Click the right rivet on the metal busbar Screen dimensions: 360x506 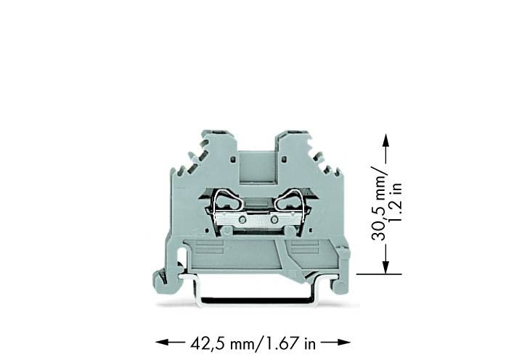274,218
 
